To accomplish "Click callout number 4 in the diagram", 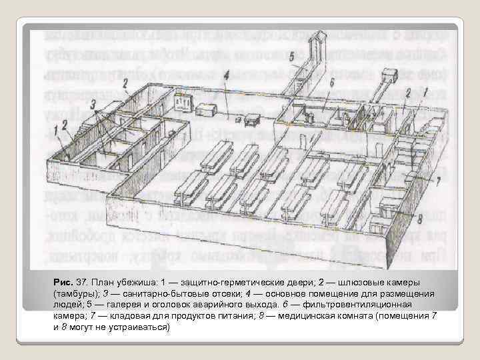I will click(227, 76).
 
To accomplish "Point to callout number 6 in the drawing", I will click(332, 82).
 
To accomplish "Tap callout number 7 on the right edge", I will click(438, 181).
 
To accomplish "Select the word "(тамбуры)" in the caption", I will click(76, 293).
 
